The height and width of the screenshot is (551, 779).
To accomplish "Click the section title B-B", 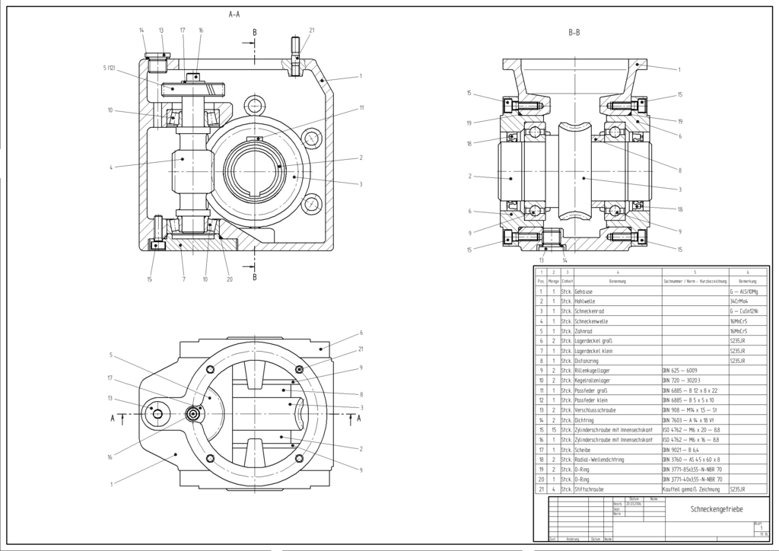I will click(x=574, y=33).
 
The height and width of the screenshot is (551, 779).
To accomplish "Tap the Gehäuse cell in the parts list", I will click(x=583, y=291).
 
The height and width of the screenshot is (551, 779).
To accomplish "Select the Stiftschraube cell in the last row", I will click(x=591, y=489).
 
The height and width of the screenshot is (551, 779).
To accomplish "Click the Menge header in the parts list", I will click(x=553, y=281).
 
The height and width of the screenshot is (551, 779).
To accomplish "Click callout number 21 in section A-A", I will click(x=312, y=30).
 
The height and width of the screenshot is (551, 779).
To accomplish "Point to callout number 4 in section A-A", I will click(x=111, y=167).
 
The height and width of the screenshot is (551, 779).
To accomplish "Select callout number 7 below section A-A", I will click(x=183, y=279).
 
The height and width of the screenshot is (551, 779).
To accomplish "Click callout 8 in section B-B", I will click(x=679, y=170).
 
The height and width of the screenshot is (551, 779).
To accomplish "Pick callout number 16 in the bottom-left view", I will click(x=110, y=457).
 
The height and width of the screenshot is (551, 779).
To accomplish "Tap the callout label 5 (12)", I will click(x=109, y=69).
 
